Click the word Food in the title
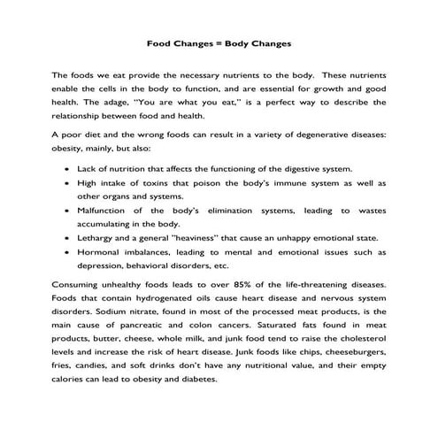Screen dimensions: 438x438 tap(160, 42)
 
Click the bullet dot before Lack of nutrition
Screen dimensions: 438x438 tap(68, 166)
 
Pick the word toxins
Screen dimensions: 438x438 tap(151, 182)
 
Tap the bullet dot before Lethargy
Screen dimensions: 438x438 tap(68, 239)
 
